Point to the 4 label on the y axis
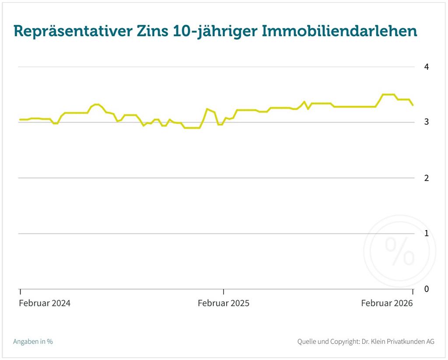point(427,67)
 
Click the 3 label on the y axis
point(427,122)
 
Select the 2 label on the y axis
point(427,178)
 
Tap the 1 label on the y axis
point(427,234)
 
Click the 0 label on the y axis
point(427,289)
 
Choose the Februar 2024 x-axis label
point(45,303)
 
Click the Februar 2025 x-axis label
point(224,303)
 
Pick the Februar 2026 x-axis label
point(387,303)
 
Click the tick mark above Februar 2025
point(224,292)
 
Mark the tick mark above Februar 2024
point(20,292)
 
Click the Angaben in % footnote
point(33,342)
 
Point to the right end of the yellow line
point(413,105)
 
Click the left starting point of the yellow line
point(20,119)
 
